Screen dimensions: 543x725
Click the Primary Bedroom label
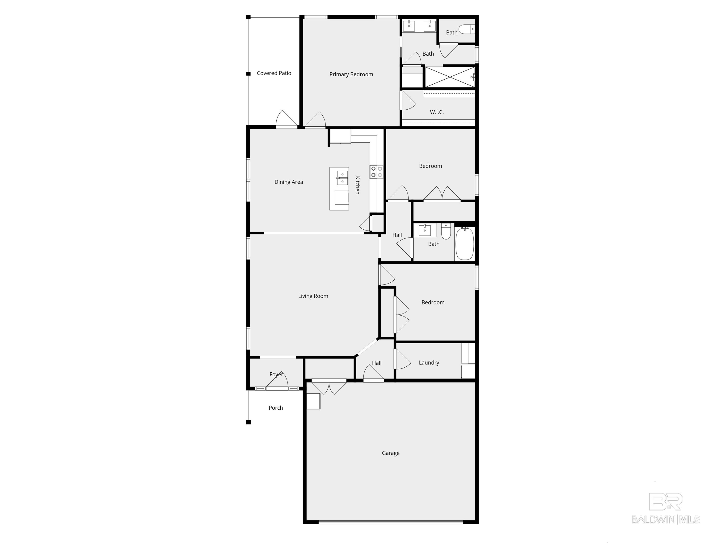pos(351,74)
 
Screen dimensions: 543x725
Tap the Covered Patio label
pos(274,73)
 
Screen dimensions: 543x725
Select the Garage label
pos(390,453)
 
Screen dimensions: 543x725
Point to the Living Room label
pos(313,296)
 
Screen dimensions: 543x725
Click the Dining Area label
pos(288,182)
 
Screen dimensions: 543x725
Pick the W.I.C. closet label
pos(437,112)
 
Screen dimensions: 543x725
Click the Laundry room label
pos(429,363)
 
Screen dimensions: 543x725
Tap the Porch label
pos(276,408)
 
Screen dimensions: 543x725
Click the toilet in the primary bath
pos(466,30)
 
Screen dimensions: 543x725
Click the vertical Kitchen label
pos(357,185)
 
